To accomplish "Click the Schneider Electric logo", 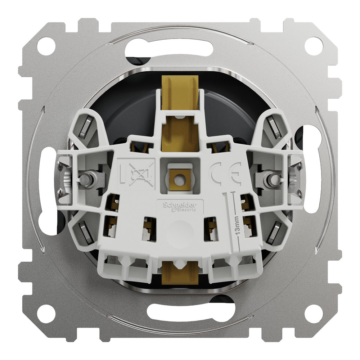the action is tap(180, 207).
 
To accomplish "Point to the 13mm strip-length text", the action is tap(237, 226).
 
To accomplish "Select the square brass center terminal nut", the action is tap(180, 179).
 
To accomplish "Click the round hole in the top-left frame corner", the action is tap(46, 46).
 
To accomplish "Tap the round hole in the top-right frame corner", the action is tap(314, 46).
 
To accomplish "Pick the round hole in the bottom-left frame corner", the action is tap(46, 314).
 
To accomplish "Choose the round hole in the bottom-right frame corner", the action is tap(314, 314).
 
